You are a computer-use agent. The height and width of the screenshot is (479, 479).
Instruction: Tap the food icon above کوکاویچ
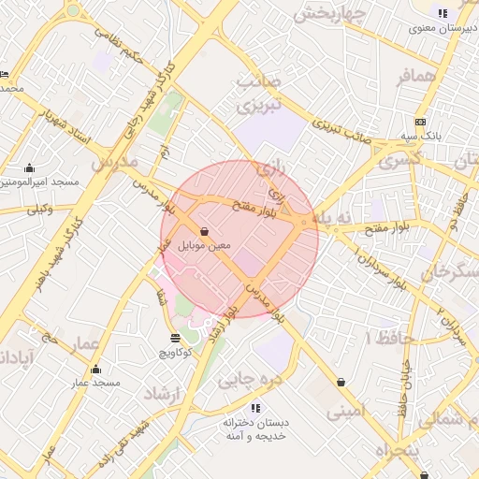coord(175,338)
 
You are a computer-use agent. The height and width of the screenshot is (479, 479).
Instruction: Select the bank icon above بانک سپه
coord(420,122)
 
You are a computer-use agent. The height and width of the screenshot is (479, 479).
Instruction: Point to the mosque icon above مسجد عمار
coord(95,369)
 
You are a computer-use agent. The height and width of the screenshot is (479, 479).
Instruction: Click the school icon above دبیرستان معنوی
coord(443,13)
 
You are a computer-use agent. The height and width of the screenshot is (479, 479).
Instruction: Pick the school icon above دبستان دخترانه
coord(254,408)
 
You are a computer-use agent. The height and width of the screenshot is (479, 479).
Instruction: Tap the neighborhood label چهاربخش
coord(328,14)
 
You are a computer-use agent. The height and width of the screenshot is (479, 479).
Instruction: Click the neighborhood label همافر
coord(416,78)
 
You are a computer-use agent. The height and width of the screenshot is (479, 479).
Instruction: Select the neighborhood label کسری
coord(402,160)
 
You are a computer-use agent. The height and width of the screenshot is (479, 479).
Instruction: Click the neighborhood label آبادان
coord(17,357)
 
